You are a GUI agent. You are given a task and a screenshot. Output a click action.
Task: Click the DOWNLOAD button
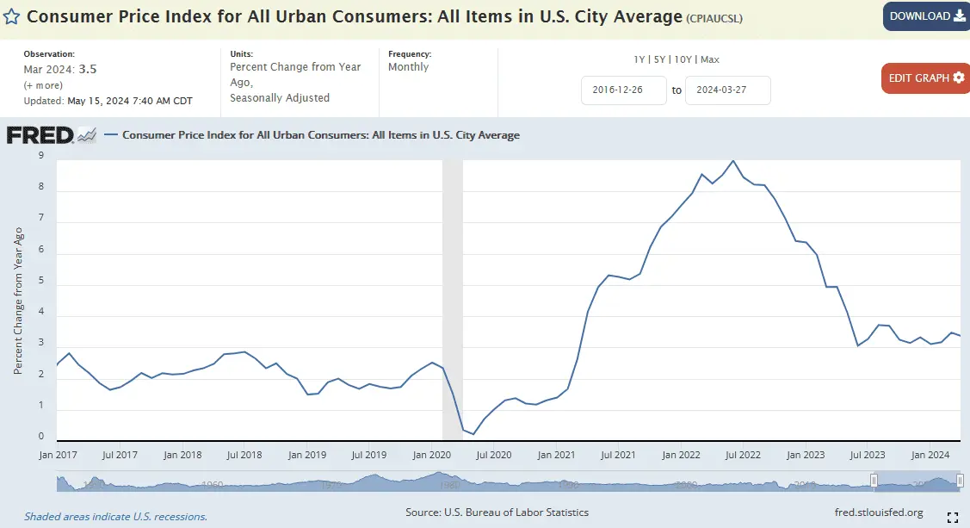tap(926, 16)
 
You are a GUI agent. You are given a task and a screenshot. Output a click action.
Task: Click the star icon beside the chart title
tap(13, 16)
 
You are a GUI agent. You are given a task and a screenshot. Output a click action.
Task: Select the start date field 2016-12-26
tap(624, 90)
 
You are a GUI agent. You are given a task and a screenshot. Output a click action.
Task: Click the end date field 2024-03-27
tap(727, 90)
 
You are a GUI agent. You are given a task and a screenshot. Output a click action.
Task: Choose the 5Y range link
tap(660, 59)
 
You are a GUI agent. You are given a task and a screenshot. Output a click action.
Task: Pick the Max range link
tap(710, 59)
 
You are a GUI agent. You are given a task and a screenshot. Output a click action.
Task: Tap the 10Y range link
tap(684, 59)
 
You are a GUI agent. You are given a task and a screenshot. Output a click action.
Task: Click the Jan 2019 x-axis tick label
tap(307, 454)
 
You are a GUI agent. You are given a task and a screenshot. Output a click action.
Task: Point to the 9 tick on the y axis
tap(40, 156)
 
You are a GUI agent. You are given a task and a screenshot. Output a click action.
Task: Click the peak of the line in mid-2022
tap(732, 161)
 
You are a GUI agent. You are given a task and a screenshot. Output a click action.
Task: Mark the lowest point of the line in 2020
tap(473, 433)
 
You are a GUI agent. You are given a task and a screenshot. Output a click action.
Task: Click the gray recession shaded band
tap(452, 293)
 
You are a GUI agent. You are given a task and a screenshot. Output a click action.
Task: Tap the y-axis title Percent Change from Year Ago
tap(18, 301)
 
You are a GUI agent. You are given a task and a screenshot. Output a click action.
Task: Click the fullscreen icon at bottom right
tap(953, 517)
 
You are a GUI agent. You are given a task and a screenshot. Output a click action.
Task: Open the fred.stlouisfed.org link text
tap(879, 512)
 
